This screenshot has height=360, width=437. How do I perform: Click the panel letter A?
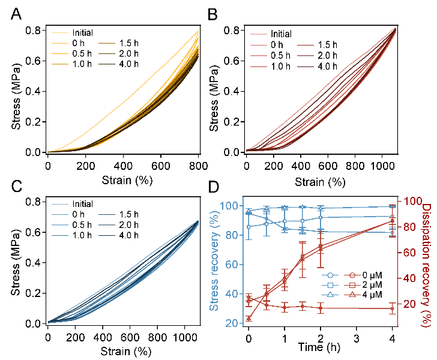(18, 13)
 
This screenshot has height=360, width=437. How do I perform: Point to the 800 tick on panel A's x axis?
(198, 165)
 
